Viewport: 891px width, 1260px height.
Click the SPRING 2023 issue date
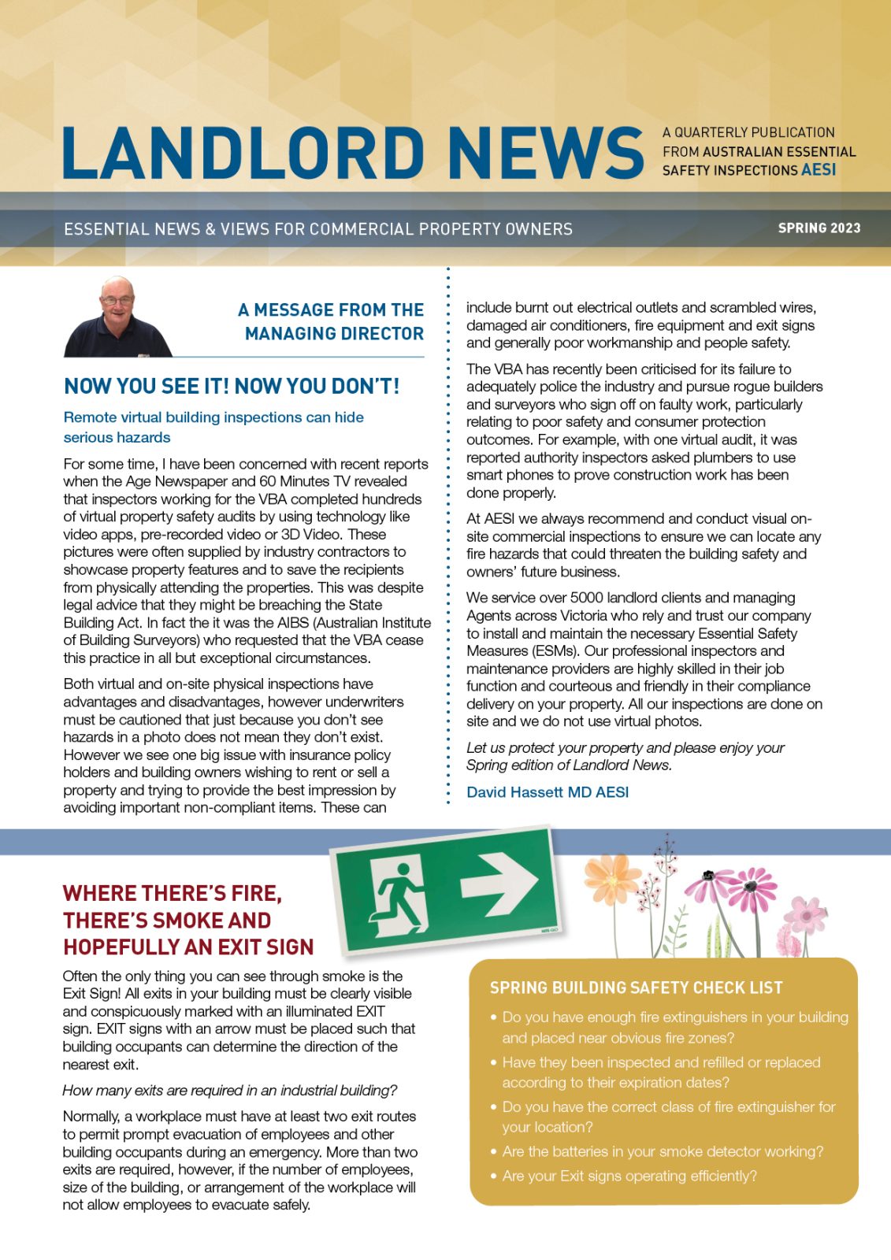(x=819, y=228)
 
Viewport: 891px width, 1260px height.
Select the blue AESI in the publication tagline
(x=819, y=170)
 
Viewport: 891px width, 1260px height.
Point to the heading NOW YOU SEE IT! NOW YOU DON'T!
(x=232, y=386)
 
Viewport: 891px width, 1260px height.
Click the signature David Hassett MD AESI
(x=548, y=792)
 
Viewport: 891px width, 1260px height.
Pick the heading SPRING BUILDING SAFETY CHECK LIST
(x=636, y=988)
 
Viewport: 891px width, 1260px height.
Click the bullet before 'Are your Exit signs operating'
(x=493, y=1176)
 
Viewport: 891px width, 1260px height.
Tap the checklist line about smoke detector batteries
(x=663, y=1151)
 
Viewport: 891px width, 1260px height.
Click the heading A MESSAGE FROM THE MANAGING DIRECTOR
(x=332, y=321)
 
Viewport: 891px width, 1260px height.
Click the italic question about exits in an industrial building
(x=229, y=1090)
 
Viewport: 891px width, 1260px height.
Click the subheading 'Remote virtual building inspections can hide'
(x=213, y=417)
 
